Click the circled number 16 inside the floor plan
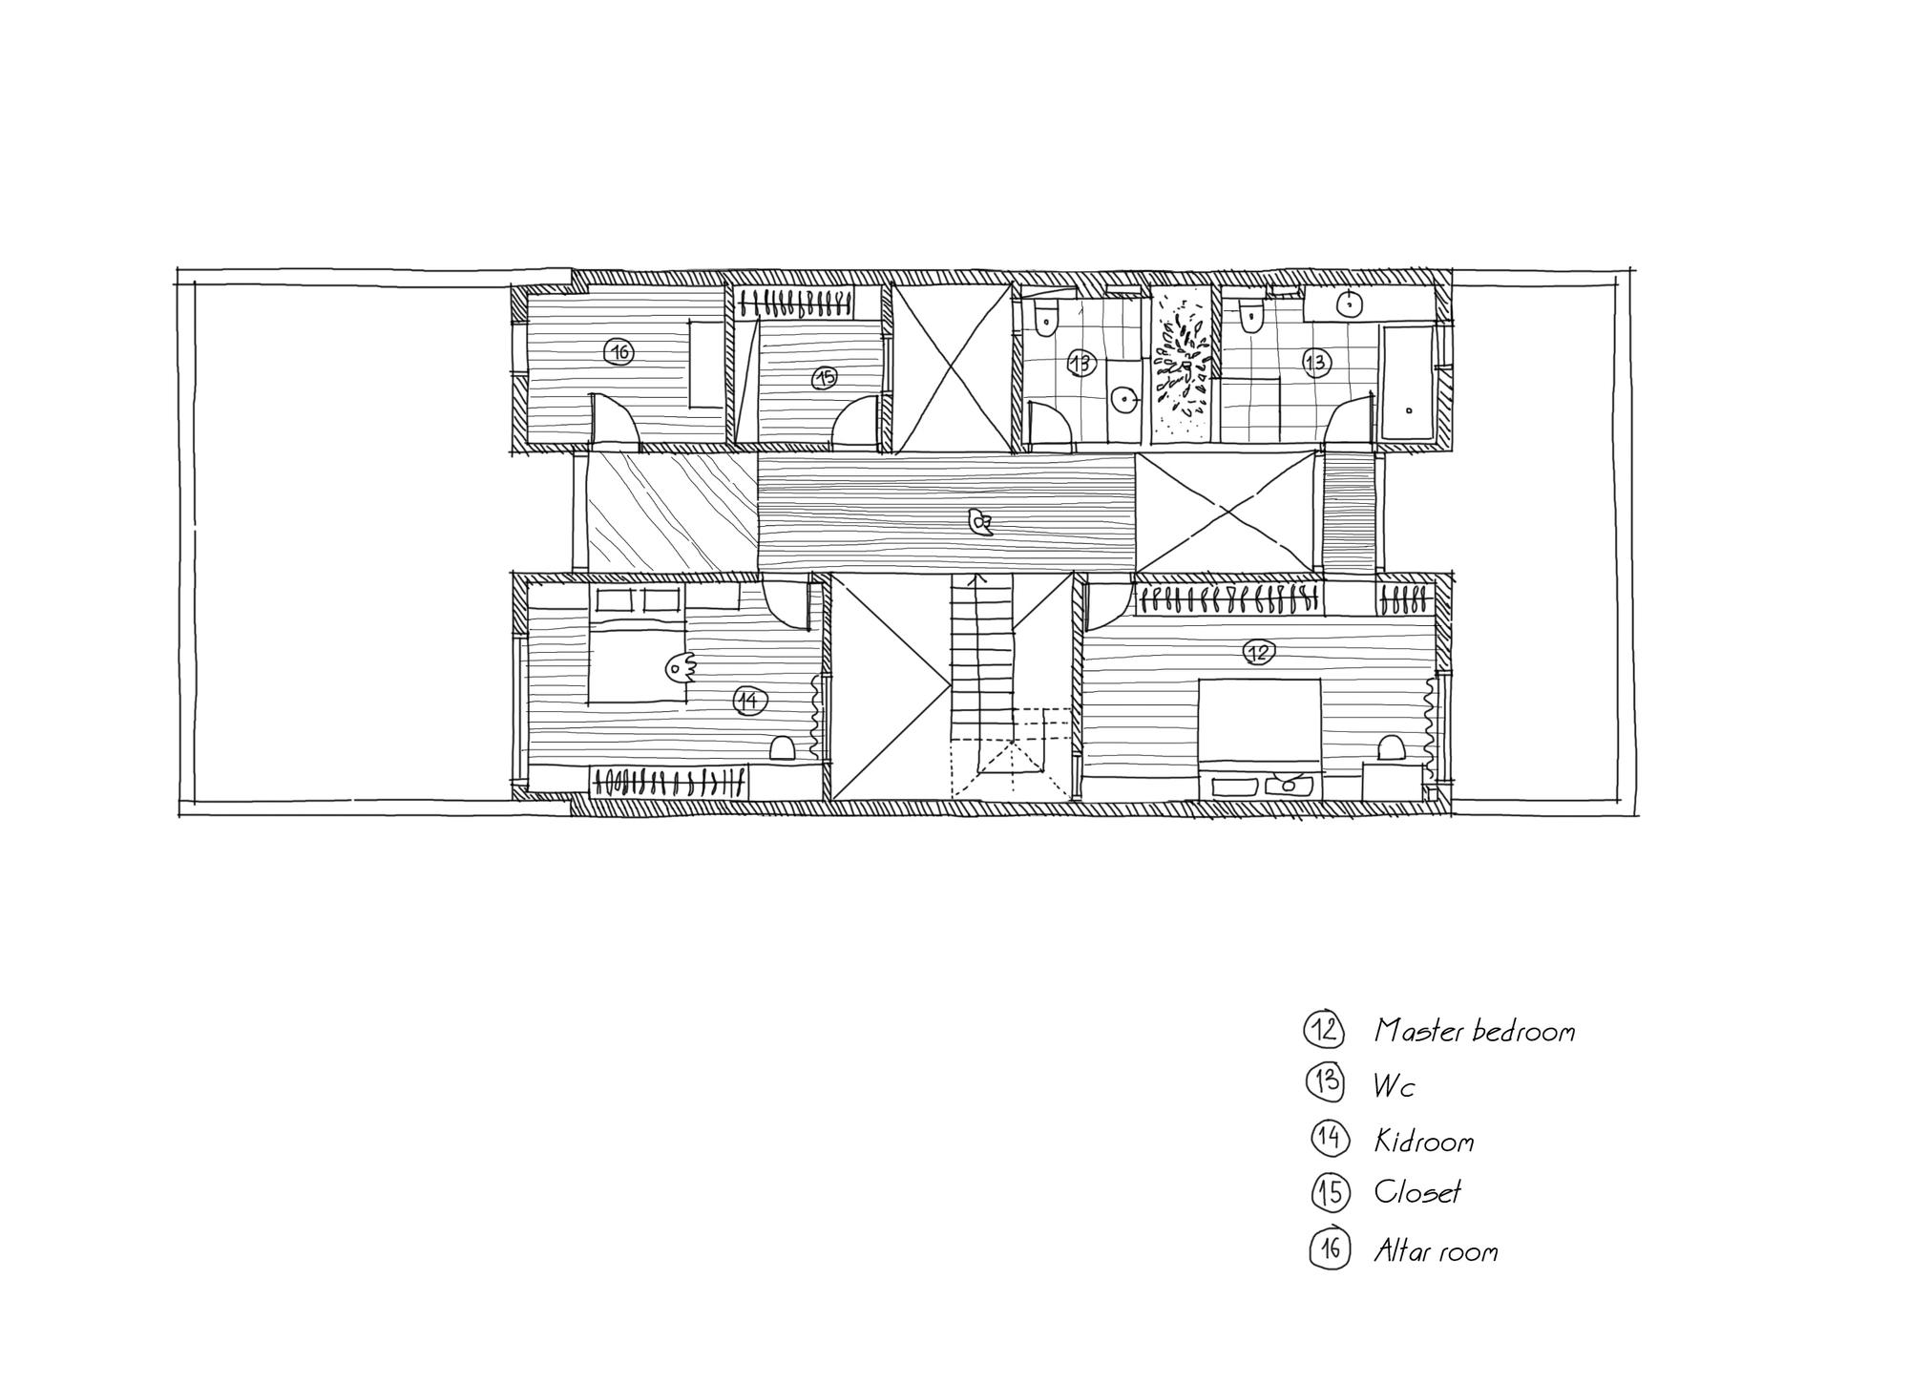pos(619,353)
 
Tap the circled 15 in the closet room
pos(825,377)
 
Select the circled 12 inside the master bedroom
pos(1259,652)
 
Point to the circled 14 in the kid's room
pos(749,702)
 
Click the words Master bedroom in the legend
pos(1474,1031)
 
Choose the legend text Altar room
pos(1436,1250)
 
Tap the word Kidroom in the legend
pos(1423,1141)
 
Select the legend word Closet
pos(1417,1192)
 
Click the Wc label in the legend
pos(1394,1085)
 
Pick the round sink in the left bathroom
pos(1125,399)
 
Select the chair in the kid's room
pos(782,748)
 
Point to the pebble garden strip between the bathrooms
pos(1185,365)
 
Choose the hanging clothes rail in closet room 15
pos(796,304)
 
